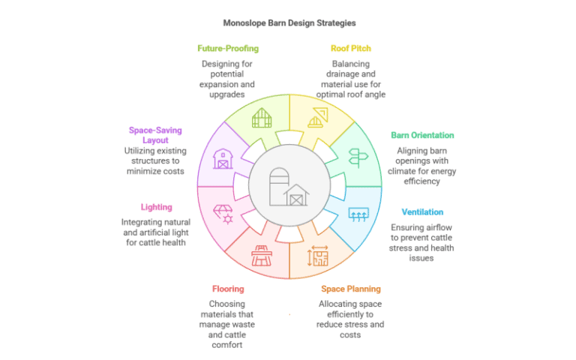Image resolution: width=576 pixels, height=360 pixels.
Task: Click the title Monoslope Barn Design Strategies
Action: click(x=289, y=22)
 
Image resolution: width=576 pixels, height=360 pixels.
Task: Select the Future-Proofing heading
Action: click(x=228, y=49)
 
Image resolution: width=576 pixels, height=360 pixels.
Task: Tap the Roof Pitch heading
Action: click(x=350, y=49)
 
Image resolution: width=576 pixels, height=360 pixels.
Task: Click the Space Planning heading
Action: click(x=351, y=289)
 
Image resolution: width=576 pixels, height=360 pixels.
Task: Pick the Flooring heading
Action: click(x=227, y=289)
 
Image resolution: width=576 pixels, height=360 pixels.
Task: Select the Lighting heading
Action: click(x=156, y=207)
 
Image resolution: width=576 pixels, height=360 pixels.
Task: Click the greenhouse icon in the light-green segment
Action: click(x=261, y=118)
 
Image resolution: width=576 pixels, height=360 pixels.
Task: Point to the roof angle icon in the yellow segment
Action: click(x=317, y=118)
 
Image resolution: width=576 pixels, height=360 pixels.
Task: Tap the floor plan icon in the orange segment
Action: click(x=317, y=256)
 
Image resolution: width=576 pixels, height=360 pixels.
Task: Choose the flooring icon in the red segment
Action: click(x=261, y=256)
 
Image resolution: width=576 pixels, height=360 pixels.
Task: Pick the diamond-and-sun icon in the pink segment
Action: click(x=222, y=214)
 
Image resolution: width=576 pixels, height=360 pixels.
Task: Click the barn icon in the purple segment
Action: click(x=222, y=158)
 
